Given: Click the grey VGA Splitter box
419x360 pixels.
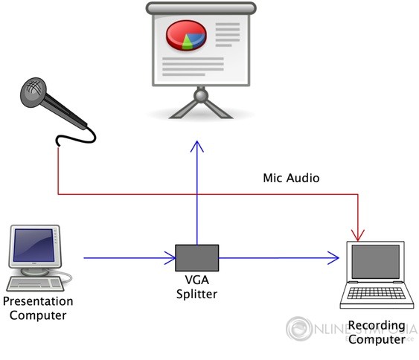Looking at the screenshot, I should tap(196, 258).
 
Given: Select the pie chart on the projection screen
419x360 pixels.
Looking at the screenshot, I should tap(185, 36).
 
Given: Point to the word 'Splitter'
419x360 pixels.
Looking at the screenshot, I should tap(197, 294).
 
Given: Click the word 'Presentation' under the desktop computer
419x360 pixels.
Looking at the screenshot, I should tap(38, 302).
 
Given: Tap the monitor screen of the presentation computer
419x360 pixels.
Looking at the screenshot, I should tap(33, 245).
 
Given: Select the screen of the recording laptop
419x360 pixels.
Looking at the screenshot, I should tap(376, 266).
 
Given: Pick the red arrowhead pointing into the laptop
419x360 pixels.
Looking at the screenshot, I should tap(358, 235).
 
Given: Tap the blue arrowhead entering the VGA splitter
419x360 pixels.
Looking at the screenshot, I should tap(169, 259).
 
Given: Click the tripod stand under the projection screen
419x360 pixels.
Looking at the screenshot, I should tap(199, 104).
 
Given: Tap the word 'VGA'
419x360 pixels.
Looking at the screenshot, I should tap(197, 281).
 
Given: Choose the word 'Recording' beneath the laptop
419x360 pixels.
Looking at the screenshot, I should tap(377, 326).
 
